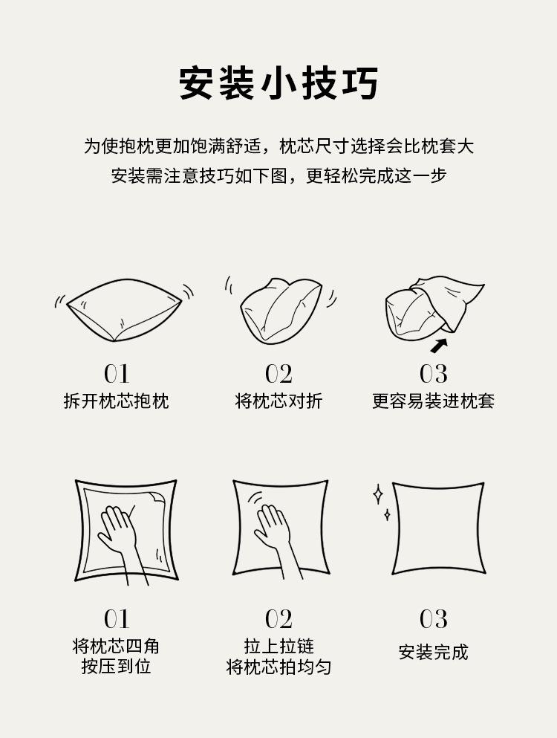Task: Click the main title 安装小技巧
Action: point(278,83)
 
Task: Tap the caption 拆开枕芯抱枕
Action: point(116,401)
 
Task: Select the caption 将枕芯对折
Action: point(278,401)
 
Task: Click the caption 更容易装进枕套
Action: point(433,401)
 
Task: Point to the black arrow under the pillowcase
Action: point(439,346)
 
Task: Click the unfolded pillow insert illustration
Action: point(124,310)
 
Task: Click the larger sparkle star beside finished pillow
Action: point(378,494)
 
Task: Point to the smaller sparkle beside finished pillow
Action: point(387,515)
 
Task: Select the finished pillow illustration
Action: point(438,528)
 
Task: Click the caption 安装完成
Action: point(433,653)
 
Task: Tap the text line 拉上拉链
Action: point(278,646)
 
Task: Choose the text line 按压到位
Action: point(116,667)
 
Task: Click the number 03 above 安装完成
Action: point(433,618)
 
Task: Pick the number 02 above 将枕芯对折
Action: point(278,374)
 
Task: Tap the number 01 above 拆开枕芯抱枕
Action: point(116,374)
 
